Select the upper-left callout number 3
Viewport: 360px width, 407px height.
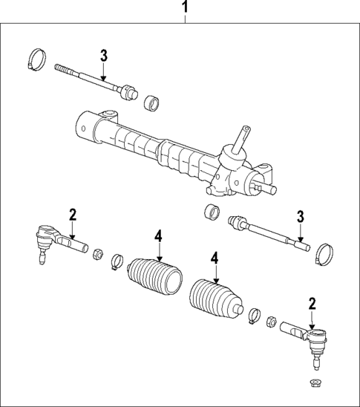pos(105,55)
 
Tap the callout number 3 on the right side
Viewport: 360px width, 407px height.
pos(301,216)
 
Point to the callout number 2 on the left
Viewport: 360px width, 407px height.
pos(73,215)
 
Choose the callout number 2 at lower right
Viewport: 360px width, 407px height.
pos(312,303)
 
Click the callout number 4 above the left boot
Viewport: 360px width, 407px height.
pos(158,236)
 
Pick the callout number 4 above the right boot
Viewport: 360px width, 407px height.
pos(215,258)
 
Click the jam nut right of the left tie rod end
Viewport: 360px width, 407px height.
pos(97,257)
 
